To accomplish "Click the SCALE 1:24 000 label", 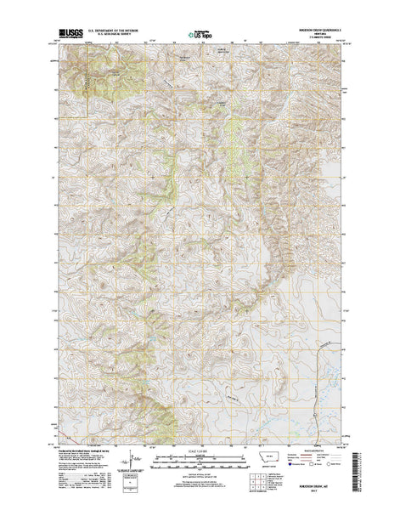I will point(200,454).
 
